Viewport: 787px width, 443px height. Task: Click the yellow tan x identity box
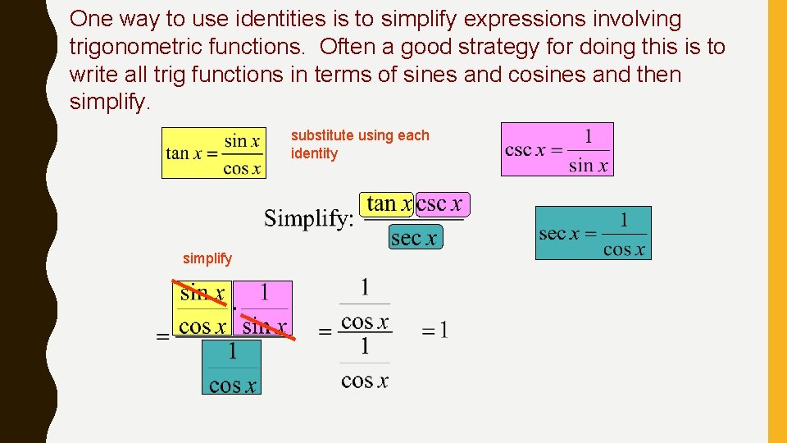coord(213,153)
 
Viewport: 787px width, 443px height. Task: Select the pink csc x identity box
coord(557,149)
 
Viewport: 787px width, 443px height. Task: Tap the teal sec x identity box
coord(593,233)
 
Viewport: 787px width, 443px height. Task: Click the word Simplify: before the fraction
coord(309,219)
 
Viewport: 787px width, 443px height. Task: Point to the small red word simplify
coord(207,258)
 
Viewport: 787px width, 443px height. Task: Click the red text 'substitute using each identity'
coord(360,144)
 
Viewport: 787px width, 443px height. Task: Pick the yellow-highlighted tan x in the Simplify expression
coord(388,203)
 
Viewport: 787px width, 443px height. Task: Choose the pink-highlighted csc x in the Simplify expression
coord(440,203)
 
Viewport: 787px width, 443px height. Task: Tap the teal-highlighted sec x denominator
coord(414,238)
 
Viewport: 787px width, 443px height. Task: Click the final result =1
coord(435,331)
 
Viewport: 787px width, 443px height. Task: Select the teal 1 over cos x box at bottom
coord(232,368)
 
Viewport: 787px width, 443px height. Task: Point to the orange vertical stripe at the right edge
coord(776,221)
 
